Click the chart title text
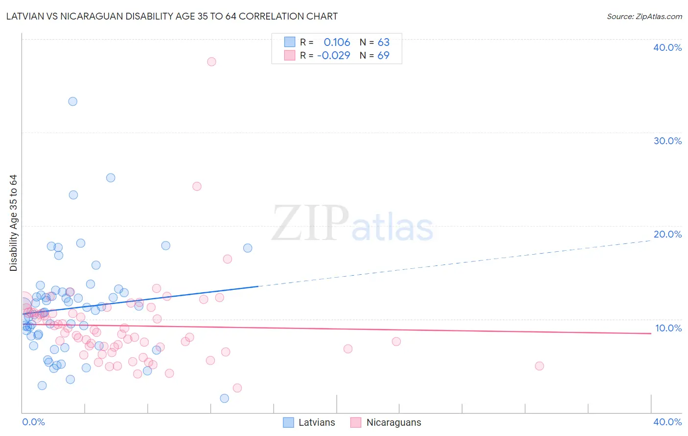coord(172,17)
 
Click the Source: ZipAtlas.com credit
coord(644,17)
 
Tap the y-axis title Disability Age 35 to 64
coord(13,223)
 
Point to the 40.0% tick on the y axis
coord(667,47)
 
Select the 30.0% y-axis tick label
coord(667,141)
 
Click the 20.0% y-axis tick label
coord(667,234)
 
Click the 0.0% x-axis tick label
coord(33,422)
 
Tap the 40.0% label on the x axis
coord(667,422)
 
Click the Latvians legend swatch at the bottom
coord(289,422)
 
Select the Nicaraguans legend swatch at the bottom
coord(356,422)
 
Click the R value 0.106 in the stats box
coord(337,43)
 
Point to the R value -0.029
coord(334,56)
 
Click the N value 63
coord(384,43)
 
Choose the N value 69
coord(384,56)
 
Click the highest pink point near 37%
coord(211,62)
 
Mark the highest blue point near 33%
coord(72,102)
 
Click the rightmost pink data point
coord(539,366)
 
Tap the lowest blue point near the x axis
coord(224,398)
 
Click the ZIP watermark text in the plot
coord(310,224)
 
